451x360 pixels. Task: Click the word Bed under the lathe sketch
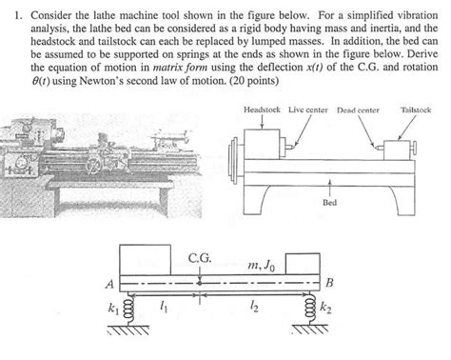tap(329, 202)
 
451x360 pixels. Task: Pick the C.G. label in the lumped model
tap(200, 257)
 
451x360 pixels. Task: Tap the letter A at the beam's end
tap(110, 283)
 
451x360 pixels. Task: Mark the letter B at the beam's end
tap(329, 283)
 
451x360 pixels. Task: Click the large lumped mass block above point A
tap(146, 258)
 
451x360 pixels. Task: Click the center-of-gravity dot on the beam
tap(200, 282)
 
